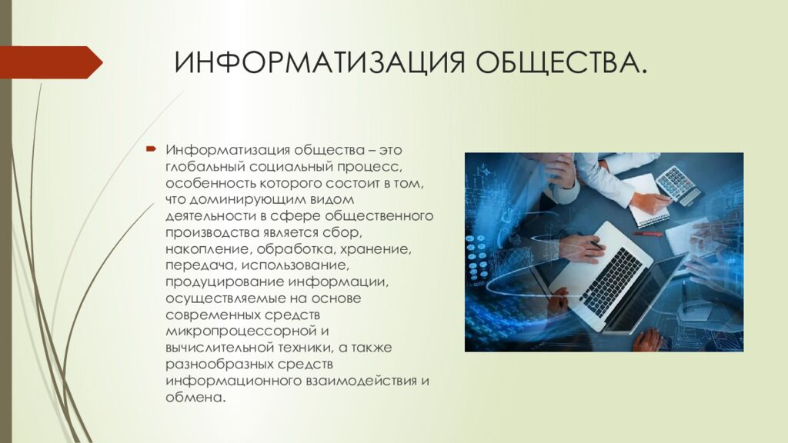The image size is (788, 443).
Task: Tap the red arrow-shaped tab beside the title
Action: (x=49, y=62)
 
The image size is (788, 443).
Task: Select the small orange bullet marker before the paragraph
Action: (x=152, y=148)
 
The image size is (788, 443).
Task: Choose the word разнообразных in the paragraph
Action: (x=219, y=365)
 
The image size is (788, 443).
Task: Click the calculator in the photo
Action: (x=676, y=183)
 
